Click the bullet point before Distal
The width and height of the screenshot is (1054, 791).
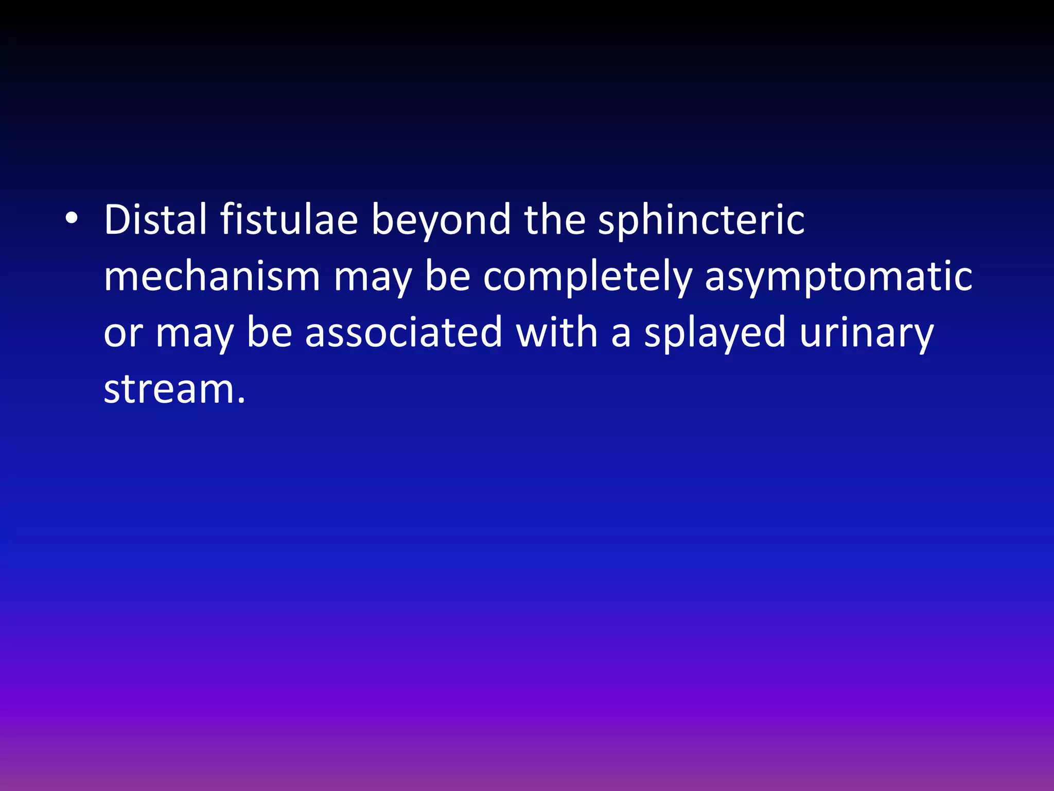point(72,219)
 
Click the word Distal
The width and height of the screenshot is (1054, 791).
point(155,220)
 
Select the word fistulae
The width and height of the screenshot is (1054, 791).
point(289,220)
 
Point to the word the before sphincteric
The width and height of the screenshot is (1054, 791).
point(555,220)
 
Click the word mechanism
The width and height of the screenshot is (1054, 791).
point(212,277)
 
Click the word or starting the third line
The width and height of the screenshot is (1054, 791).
point(123,333)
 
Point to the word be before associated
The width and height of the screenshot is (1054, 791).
point(269,333)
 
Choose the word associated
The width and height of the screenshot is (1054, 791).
point(403,333)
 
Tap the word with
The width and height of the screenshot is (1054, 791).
point(556,333)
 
